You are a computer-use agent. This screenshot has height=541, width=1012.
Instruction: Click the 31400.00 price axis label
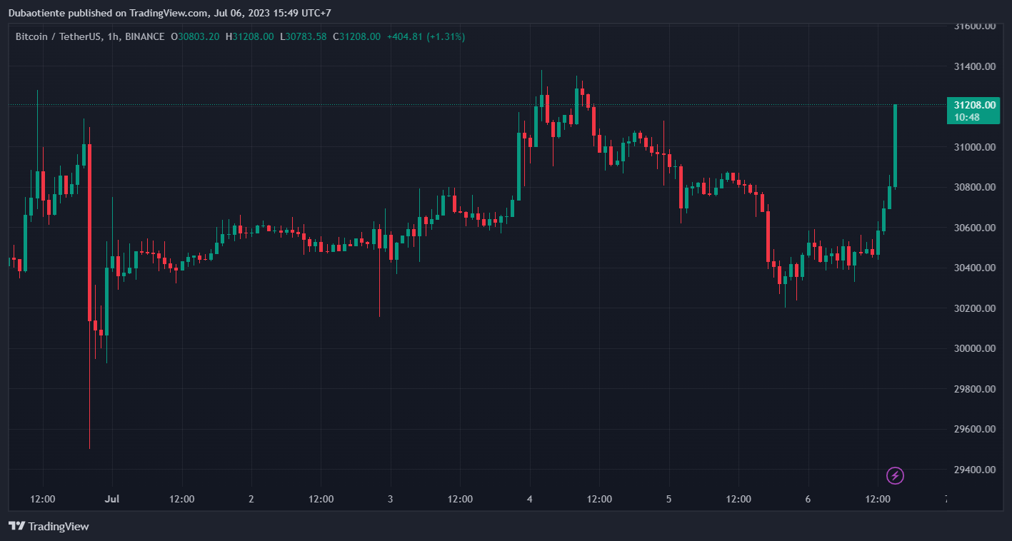975,66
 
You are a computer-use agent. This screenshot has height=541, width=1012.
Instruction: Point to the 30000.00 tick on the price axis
975,348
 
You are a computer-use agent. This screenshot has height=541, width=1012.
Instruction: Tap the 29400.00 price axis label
975,470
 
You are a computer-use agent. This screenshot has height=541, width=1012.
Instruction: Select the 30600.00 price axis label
975,228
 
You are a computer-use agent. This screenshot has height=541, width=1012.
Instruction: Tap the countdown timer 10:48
967,117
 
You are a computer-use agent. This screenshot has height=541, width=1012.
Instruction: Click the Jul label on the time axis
112,499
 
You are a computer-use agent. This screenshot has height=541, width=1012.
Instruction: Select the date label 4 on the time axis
529,499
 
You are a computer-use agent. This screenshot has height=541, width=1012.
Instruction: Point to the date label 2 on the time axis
251,499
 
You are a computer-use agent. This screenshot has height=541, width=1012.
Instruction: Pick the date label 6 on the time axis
808,499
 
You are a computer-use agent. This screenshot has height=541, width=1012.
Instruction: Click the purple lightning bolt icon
895,475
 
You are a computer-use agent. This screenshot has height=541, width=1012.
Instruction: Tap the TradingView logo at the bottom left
49,526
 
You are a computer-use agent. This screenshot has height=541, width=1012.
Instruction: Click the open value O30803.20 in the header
195,36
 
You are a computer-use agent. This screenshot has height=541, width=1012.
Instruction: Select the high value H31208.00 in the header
249,36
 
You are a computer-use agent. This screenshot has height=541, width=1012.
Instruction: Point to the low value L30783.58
303,36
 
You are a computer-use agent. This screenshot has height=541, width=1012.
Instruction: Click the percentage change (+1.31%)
446,36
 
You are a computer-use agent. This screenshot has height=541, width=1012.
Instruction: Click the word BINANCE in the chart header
144,36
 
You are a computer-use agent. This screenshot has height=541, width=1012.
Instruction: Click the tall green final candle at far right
895,146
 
